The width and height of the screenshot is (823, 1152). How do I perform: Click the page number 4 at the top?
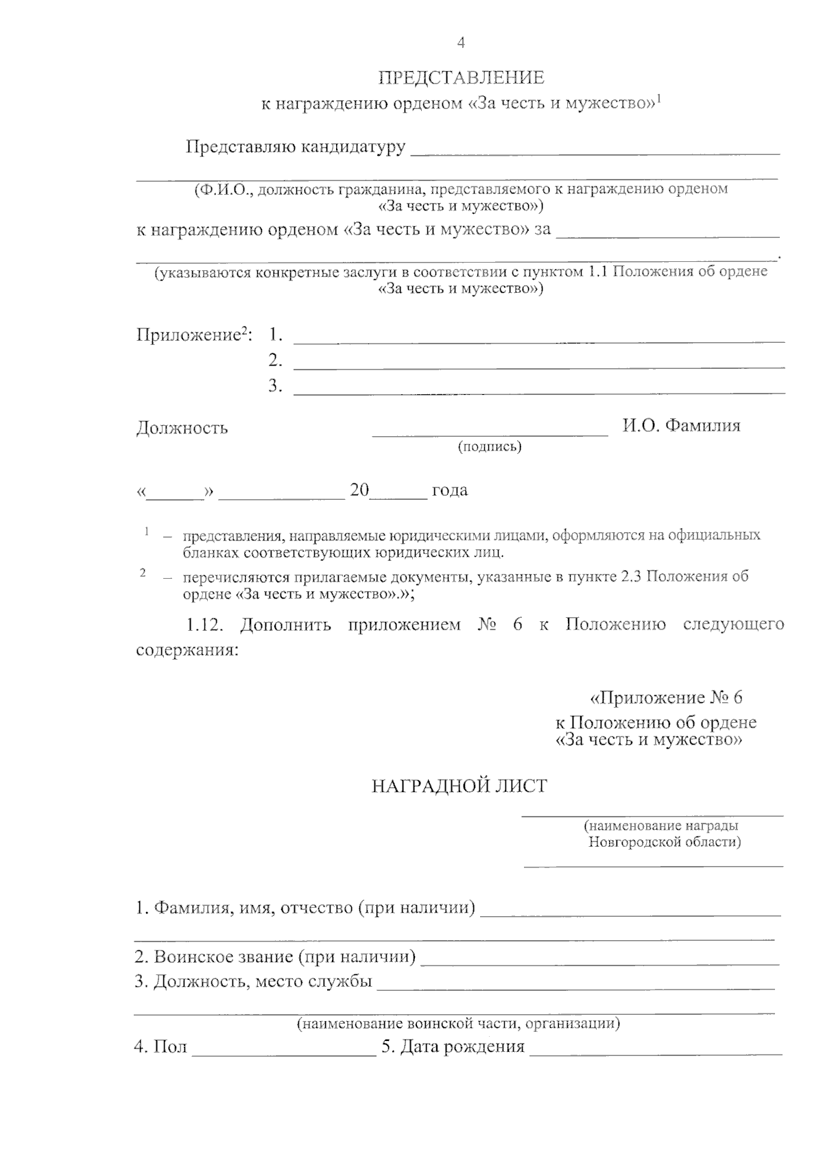click(461, 43)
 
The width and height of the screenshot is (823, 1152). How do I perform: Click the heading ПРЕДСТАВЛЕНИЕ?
click(462, 77)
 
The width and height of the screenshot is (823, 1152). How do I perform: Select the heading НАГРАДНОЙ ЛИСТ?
click(459, 786)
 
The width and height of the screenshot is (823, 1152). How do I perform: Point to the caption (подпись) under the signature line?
click(490, 447)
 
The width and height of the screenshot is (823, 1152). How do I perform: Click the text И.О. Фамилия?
click(681, 425)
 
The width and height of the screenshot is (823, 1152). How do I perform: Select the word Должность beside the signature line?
click(182, 429)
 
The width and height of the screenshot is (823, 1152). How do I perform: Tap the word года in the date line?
click(449, 490)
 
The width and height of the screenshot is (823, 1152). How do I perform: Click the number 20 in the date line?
click(359, 490)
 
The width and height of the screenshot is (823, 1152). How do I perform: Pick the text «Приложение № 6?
click(666, 698)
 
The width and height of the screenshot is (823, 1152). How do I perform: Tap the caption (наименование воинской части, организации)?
click(458, 1024)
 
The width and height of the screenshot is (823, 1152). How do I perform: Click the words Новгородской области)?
click(664, 842)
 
